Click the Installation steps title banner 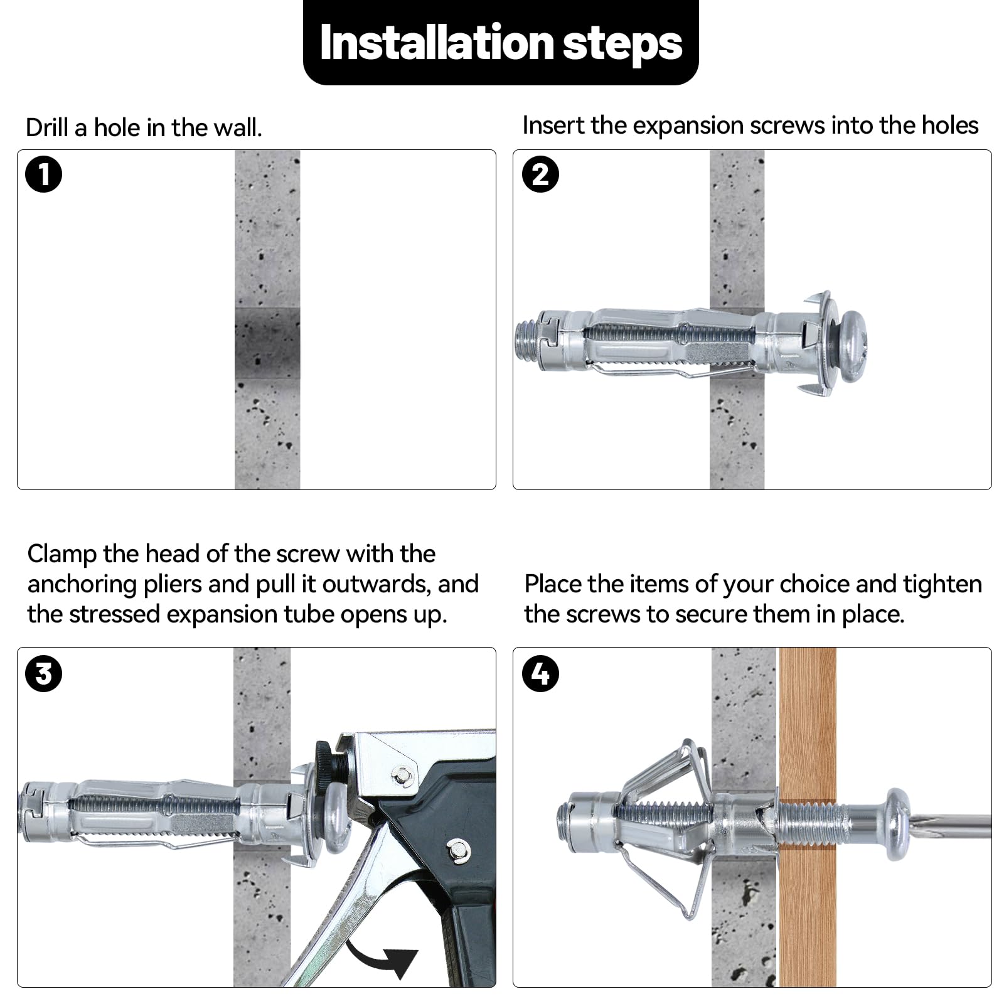click(x=501, y=43)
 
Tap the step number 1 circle click(x=44, y=174)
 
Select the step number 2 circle click(x=540, y=174)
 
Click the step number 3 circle click(x=44, y=674)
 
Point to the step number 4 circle click(x=540, y=674)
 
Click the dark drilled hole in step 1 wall click(x=267, y=343)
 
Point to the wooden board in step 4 click(x=807, y=910)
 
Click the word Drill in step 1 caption click(x=47, y=128)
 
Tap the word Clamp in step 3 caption click(x=61, y=554)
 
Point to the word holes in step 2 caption click(x=950, y=125)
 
